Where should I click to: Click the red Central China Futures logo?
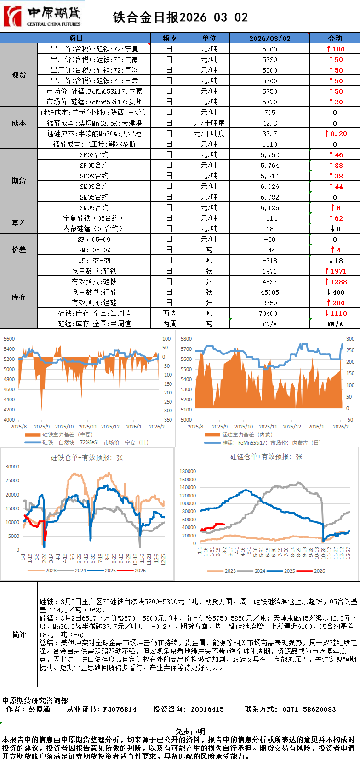(x=12, y=17)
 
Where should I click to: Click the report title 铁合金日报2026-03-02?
(x=180, y=17)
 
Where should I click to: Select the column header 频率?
(x=169, y=38)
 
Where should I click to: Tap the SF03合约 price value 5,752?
(x=269, y=155)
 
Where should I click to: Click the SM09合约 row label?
(x=94, y=208)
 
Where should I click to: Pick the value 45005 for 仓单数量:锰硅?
(x=269, y=292)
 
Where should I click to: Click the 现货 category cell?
(x=19, y=75)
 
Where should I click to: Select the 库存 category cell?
(x=19, y=297)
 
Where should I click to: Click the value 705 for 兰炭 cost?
(x=269, y=113)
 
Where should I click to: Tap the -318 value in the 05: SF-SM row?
(x=269, y=261)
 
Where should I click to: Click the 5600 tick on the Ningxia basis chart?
(x=9, y=339)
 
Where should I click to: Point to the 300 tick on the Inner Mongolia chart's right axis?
(x=350, y=339)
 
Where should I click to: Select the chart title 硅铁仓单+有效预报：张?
(x=87, y=457)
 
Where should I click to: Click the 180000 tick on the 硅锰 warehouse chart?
(x=188, y=471)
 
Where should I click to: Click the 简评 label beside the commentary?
(x=19, y=634)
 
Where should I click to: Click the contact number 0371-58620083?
(x=309, y=709)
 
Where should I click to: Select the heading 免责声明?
(x=190, y=731)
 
